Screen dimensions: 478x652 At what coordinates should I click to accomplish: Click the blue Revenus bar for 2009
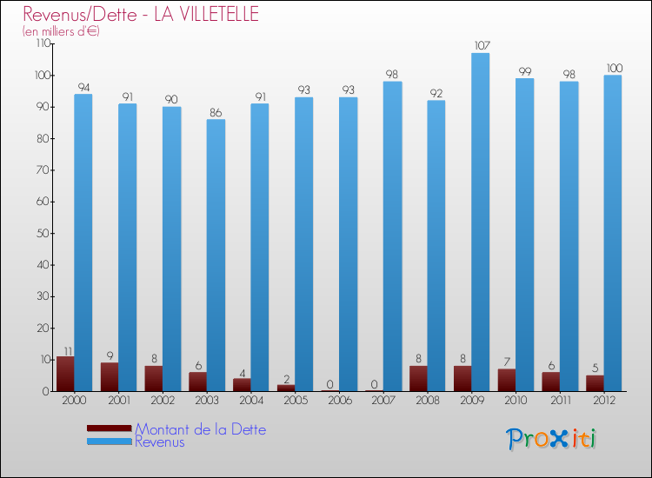click(480, 222)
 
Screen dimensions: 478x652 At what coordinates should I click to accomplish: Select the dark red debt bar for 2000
click(65, 374)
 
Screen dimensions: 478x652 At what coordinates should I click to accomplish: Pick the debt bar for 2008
click(418, 378)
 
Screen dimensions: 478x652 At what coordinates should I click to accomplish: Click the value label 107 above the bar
click(481, 45)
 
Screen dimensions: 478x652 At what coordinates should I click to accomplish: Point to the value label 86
click(216, 111)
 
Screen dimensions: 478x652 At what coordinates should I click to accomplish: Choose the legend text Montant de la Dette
click(200, 429)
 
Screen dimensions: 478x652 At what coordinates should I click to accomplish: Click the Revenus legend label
click(159, 442)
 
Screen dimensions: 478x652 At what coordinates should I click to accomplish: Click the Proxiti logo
click(551, 438)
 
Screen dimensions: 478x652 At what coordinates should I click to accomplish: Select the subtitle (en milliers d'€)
click(61, 31)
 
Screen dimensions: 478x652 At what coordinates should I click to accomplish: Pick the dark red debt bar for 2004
click(242, 384)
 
